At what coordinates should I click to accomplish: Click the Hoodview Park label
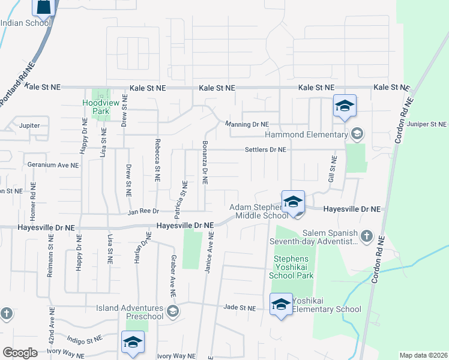[x=95, y=107]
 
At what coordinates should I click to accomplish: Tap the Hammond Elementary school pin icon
[x=345, y=107]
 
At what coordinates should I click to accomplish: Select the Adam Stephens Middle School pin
[x=293, y=202]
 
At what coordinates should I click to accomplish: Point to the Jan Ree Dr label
[x=143, y=211]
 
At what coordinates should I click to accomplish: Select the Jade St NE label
[x=240, y=308]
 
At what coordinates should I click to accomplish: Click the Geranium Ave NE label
[x=53, y=164]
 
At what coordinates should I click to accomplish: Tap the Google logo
[x=20, y=353]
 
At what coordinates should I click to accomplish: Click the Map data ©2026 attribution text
[x=423, y=355]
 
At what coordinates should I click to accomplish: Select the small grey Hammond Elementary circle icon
[x=358, y=133]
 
